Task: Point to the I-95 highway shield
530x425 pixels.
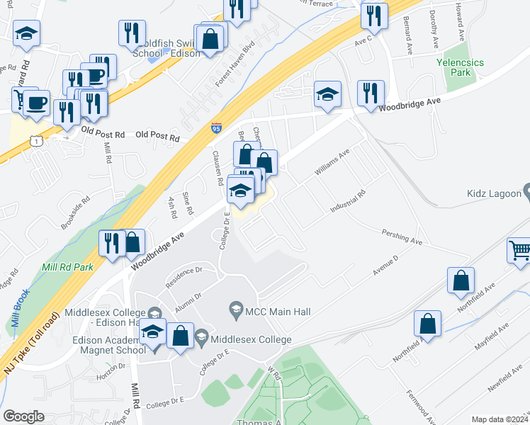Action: coord(216,128)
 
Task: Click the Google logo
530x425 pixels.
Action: coord(23,416)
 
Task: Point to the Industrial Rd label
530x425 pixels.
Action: coord(347,202)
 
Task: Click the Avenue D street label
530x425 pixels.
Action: coord(385,266)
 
